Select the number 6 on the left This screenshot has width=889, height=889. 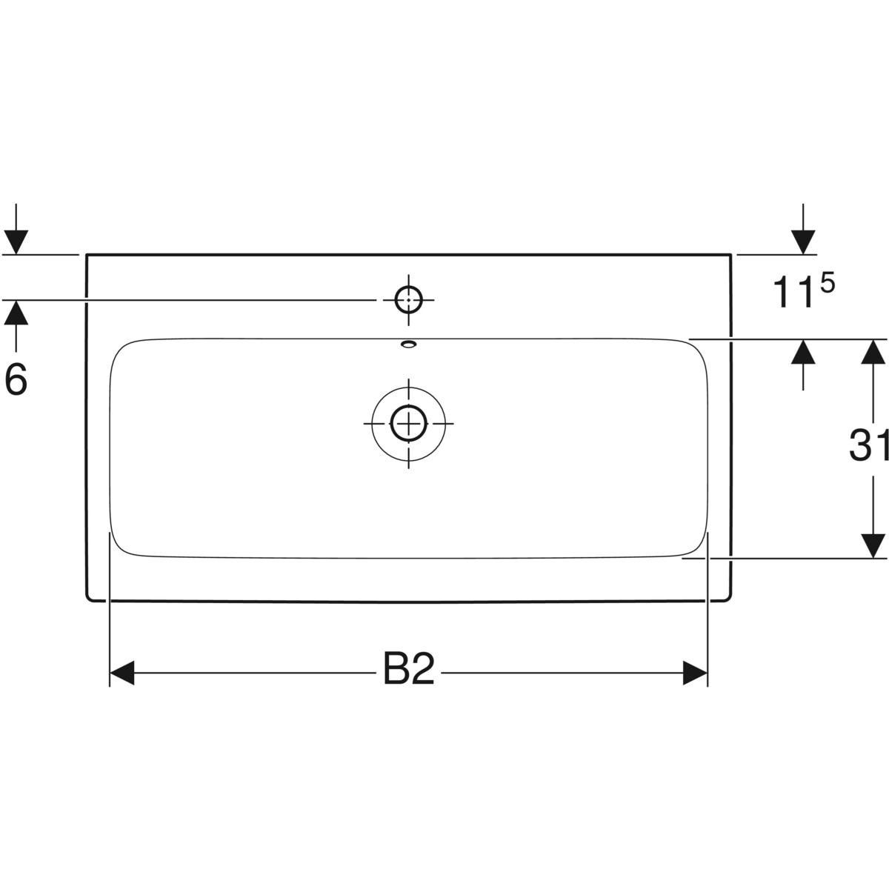(x=16, y=380)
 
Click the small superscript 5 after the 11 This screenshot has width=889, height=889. (x=827, y=282)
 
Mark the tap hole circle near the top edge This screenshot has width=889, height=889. (x=408, y=300)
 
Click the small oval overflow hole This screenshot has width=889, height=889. (x=408, y=343)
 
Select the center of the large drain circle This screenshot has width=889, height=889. (x=408, y=423)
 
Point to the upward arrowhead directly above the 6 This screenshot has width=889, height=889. (x=16, y=314)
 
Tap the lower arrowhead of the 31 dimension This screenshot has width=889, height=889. (x=874, y=546)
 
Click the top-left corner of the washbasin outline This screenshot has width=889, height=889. (x=87, y=255)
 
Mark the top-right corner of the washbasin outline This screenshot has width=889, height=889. (x=731, y=255)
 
